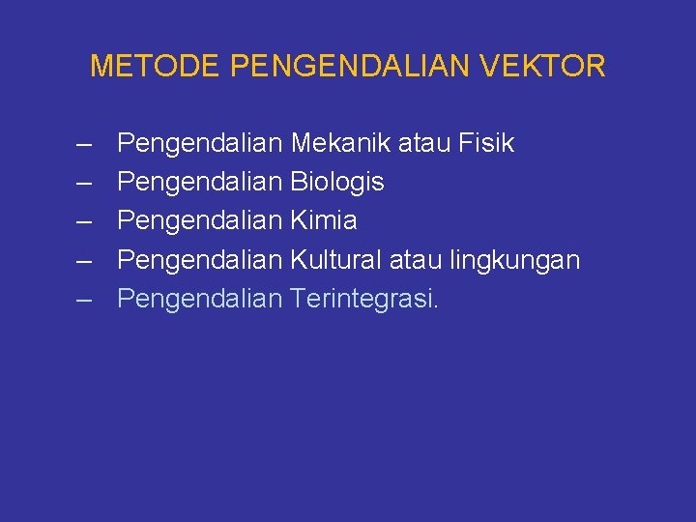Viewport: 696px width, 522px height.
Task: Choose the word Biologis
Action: click(x=337, y=183)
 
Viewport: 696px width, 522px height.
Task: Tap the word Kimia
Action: click(x=324, y=221)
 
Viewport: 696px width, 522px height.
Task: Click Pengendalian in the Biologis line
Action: click(x=200, y=183)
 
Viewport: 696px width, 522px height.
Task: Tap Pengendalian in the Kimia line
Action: click(x=200, y=221)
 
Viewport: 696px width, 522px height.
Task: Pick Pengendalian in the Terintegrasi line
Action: click(x=200, y=300)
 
